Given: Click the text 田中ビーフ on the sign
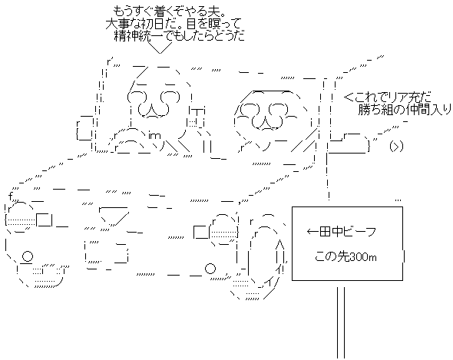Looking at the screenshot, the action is (348, 232).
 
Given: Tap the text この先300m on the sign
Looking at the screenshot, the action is (346, 256).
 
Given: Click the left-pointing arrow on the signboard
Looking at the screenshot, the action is (312, 232).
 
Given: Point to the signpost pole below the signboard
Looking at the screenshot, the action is (341, 323).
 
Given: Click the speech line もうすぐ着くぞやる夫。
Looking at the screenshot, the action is (170, 12).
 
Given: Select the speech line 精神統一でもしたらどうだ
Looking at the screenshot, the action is (180, 36).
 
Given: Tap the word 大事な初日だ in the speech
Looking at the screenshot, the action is (141, 24).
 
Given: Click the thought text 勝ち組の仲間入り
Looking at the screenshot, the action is (405, 110).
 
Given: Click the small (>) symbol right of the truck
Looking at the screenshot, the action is (395, 147).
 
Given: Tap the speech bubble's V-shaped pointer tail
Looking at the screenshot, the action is (160, 48).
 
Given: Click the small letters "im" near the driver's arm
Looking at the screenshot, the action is (154, 136).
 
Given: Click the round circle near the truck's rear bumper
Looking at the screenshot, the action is (28, 256).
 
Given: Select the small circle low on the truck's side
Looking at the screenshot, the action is (210, 269).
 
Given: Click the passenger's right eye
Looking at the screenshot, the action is (278, 109).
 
